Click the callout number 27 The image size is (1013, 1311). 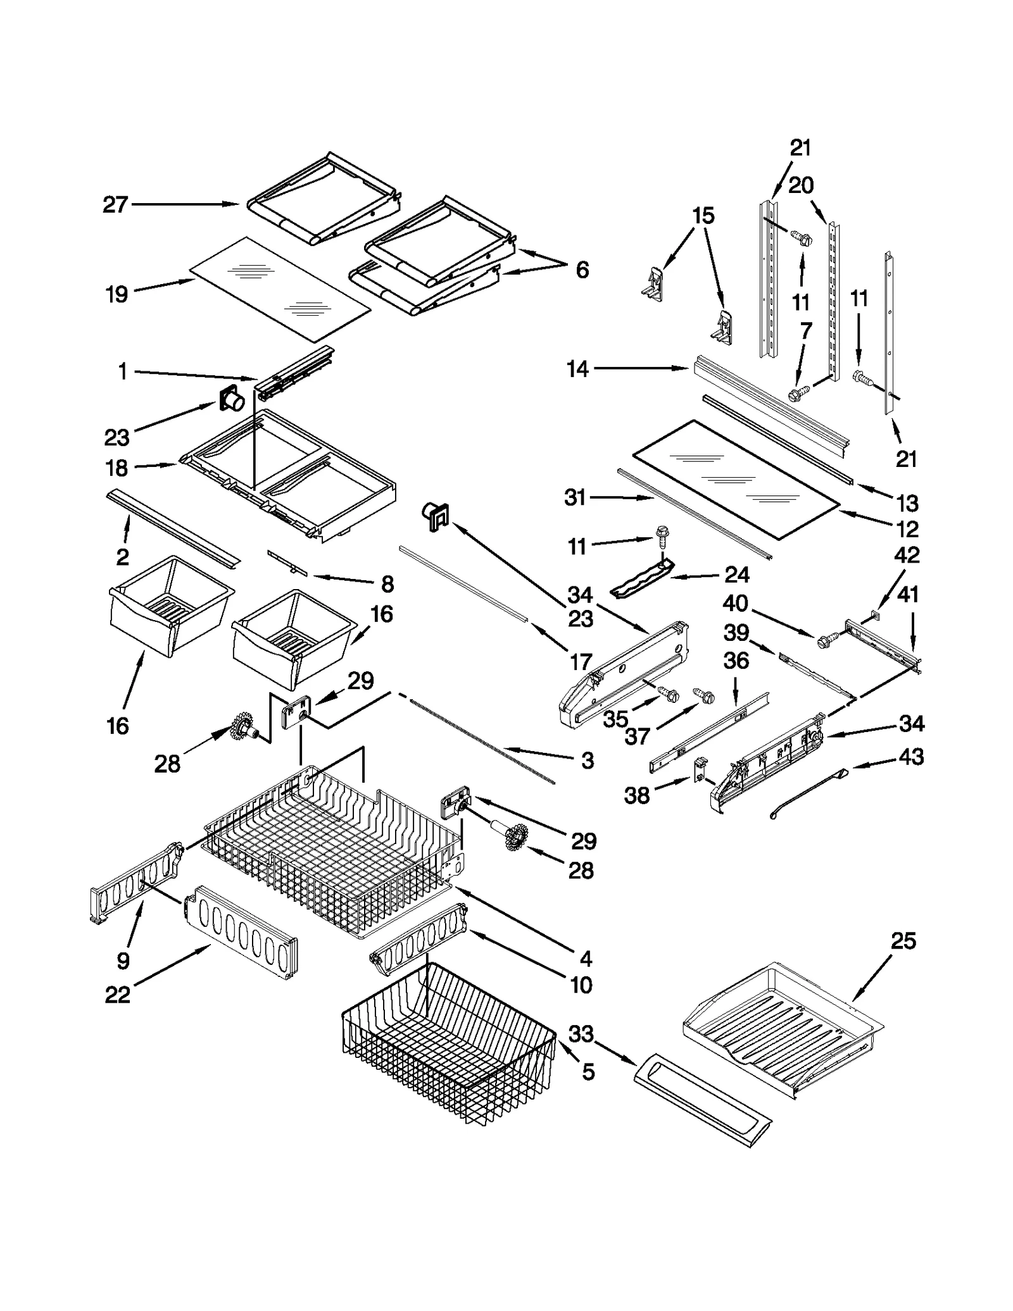(x=115, y=205)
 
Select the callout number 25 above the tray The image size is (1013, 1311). (x=903, y=959)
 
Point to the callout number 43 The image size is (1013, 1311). (x=911, y=756)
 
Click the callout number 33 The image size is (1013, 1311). (x=581, y=1034)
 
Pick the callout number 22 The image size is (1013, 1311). (x=117, y=995)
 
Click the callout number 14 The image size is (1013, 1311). (x=577, y=369)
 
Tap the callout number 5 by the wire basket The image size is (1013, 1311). (x=588, y=1072)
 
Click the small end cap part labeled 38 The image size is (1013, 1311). (x=701, y=769)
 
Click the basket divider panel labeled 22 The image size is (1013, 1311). (x=241, y=933)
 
